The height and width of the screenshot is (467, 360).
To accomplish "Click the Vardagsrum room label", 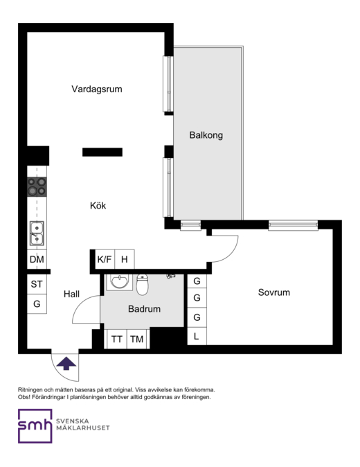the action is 97,89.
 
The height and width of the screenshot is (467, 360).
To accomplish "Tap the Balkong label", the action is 206,135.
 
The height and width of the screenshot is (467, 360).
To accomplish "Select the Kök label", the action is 98,206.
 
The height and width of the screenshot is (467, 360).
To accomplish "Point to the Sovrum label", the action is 274,292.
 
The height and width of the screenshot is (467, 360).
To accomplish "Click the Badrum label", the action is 144,309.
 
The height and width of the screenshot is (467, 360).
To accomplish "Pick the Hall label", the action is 72,294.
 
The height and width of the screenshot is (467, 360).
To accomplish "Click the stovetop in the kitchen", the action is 37,187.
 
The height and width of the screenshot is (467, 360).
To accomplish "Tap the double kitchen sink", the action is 37,233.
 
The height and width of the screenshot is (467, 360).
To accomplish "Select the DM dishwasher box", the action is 37,259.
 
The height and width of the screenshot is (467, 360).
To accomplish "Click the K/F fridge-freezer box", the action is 105,259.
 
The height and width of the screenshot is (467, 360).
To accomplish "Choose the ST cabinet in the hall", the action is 37,284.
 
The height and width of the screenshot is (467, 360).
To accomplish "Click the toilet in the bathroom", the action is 142,285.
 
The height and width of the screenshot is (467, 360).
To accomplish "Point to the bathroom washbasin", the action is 120,282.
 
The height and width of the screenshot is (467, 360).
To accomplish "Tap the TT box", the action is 117,339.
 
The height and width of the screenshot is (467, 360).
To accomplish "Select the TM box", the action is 137,339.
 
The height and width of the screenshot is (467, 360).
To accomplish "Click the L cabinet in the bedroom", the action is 197,336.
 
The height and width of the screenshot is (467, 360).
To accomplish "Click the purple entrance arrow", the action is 66,364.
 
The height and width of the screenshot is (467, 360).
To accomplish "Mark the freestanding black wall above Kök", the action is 102,152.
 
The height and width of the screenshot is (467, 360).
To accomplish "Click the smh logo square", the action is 35,426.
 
